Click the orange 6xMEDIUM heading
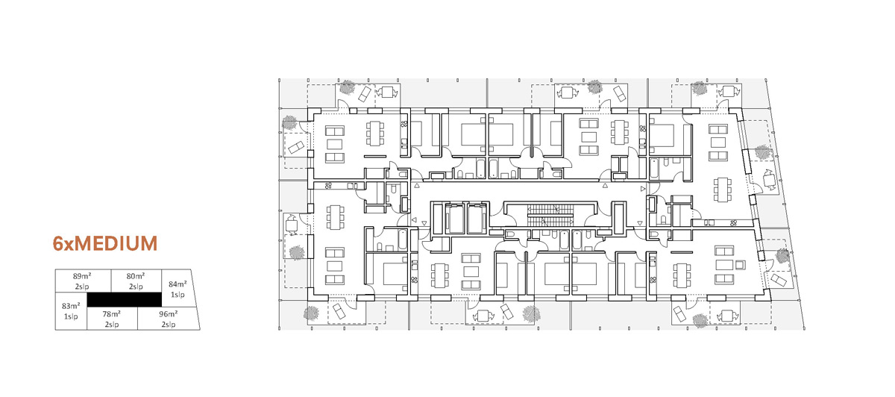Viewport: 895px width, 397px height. coord(105,243)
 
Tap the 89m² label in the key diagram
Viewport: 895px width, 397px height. coord(82,276)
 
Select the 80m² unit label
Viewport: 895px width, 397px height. coord(136,276)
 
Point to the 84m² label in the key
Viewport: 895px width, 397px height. coord(178,284)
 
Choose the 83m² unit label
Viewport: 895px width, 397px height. coord(71,306)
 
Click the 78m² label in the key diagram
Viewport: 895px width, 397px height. coord(111,314)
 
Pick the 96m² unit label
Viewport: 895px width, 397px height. coord(169,314)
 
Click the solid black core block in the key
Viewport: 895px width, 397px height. coord(125,299)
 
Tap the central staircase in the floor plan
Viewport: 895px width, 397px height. coord(550,216)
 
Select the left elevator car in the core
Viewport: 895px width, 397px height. coord(455,219)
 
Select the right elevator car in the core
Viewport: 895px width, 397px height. coord(477,219)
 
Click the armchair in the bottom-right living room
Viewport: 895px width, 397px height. coord(741,265)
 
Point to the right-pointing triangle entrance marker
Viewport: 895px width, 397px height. coord(643,189)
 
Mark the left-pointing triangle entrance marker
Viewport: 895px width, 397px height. coord(414,220)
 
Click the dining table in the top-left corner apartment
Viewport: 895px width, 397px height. coord(374,134)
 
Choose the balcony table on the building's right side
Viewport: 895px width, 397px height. coord(769,180)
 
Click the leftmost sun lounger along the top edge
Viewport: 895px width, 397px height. coord(365,94)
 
